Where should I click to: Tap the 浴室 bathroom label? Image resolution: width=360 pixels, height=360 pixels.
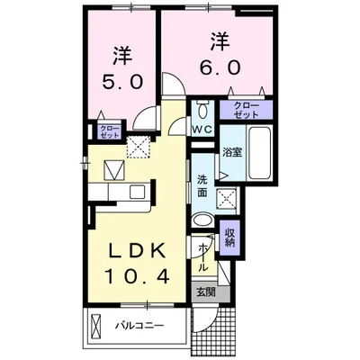[x=232, y=152]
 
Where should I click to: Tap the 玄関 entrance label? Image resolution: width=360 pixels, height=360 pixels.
[x=205, y=292]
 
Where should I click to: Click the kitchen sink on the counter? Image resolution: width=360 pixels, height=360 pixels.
[x=138, y=190]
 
